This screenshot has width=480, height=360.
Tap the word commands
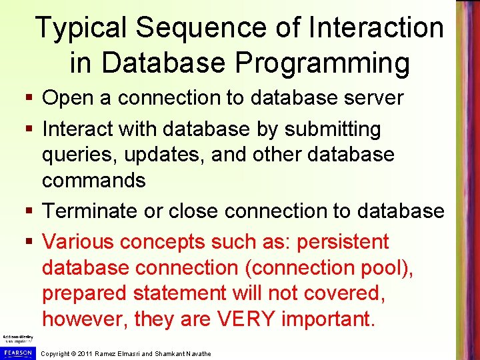[93, 180]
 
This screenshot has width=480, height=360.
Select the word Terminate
[92, 211]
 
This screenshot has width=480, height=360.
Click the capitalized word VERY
[246, 319]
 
